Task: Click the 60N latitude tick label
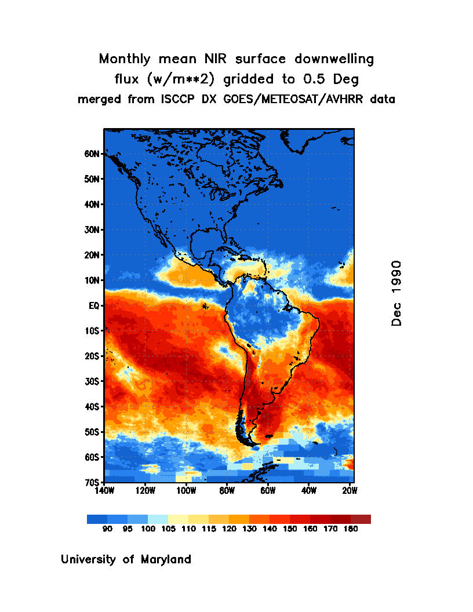(92, 154)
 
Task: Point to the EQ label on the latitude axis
(95, 305)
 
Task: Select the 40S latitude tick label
(92, 407)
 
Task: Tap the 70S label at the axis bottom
(92, 482)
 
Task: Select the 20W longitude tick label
(350, 491)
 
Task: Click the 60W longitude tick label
(268, 491)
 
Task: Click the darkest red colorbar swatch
(361, 519)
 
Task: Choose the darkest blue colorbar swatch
(97, 519)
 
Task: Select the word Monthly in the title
(124, 59)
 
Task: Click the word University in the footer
(89, 560)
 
